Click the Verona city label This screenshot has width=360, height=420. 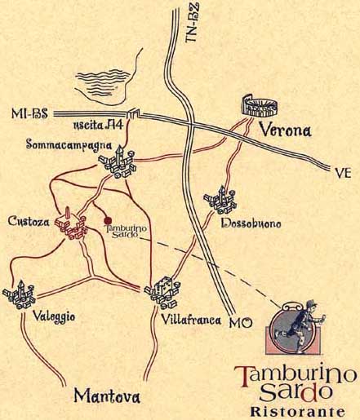coord(286,130)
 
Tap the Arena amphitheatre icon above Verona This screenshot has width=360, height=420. coord(260,106)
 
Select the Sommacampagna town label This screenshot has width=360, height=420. coord(69,144)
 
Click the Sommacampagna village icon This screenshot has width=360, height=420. coord(118,163)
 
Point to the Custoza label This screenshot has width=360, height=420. coord(29,221)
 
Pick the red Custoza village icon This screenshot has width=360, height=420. coord(71,225)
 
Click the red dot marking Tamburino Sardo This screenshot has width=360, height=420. coord(109,220)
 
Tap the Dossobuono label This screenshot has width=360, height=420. coord(251,224)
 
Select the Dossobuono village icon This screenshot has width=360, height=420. coord(220,200)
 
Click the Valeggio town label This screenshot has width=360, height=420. coord(54,317)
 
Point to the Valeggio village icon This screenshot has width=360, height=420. coord(19,295)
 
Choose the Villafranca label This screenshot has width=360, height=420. coord(191,321)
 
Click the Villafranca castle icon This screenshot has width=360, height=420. coord(162,293)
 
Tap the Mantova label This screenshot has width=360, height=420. coord(107,396)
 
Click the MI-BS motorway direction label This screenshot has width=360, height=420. coord(29,113)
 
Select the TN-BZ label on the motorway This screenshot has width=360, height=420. coord(192,23)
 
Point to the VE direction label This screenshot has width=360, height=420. coord(343,174)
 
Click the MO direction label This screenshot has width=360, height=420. coord(241,323)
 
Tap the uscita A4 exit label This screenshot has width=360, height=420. coord(99,126)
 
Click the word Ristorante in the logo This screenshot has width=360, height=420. coord(297,412)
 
